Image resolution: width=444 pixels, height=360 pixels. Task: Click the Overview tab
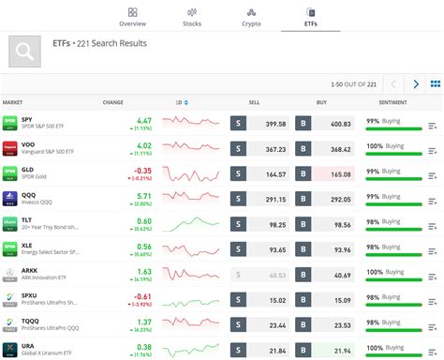point(132,16)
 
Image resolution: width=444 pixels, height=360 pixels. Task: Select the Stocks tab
point(192,16)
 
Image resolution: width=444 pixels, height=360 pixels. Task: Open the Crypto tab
point(252,16)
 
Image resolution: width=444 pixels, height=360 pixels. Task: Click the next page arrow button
point(417,83)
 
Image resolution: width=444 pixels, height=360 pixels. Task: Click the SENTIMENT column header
point(392,102)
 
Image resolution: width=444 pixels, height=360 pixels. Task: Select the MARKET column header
point(13,102)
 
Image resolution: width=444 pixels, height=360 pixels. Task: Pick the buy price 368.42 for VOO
point(340,148)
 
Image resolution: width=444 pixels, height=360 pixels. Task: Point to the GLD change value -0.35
point(142,170)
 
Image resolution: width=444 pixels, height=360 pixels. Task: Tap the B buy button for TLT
point(303,224)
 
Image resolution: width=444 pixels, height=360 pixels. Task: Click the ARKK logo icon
point(10,275)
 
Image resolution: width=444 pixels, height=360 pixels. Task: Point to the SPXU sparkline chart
point(191,300)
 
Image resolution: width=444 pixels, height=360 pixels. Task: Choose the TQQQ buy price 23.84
point(340,325)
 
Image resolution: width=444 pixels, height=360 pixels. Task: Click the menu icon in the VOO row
point(433,150)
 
